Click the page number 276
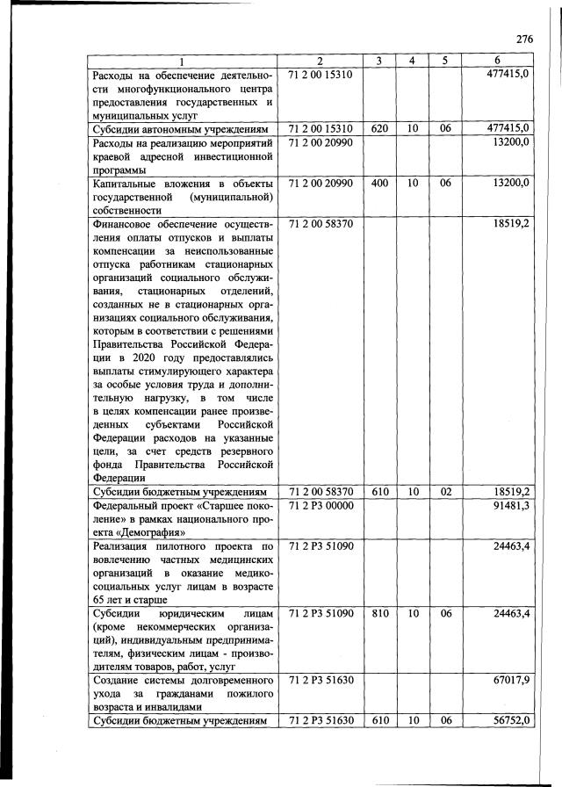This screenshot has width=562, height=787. (x=524, y=39)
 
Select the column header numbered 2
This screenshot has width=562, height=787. (x=320, y=61)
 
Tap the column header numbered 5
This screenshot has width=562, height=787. (x=445, y=61)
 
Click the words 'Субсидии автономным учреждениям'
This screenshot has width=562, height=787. (x=179, y=128)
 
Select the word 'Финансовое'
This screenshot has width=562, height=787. (x=128, y=224)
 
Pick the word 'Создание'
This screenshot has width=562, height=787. (x=118, y=679)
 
